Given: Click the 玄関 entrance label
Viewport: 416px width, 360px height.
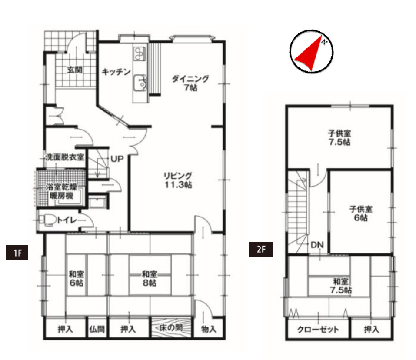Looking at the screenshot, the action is tap(75, 70).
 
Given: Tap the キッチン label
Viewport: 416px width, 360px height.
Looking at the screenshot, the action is tap(116, 72).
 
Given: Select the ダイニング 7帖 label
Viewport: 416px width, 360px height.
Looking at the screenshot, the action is tap(190, 83).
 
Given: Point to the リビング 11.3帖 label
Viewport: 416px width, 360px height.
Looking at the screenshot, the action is tap(178, 180).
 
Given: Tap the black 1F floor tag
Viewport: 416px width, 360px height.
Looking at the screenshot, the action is tap(17, 252).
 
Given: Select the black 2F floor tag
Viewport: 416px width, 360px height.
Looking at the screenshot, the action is tap(260, 250).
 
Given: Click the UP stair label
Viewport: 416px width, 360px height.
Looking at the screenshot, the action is tap(117, 159).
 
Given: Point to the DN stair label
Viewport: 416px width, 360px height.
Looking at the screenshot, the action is tap(317, 245).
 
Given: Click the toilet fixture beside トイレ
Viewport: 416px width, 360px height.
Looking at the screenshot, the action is tap(48, 220).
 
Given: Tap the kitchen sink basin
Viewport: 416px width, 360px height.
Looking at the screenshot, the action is tap(140, 83).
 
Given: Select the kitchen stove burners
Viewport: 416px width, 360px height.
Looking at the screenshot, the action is tap(140, 53).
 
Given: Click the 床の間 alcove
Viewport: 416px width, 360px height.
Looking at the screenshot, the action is tap(171, 328).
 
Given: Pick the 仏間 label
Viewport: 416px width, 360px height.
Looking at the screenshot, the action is tap(97, 329).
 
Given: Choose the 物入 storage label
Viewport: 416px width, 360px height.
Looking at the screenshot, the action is tap(209, 329).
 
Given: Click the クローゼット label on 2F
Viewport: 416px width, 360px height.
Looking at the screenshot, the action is tap(318, 330).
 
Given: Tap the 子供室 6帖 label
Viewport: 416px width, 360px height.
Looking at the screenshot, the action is tap(361, 213).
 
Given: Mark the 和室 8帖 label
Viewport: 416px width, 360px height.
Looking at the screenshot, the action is tap(150, 278).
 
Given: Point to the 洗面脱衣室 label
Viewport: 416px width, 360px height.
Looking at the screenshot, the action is tap(65, 157).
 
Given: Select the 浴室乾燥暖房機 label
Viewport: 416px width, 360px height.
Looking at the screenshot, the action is tap(61, 191).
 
